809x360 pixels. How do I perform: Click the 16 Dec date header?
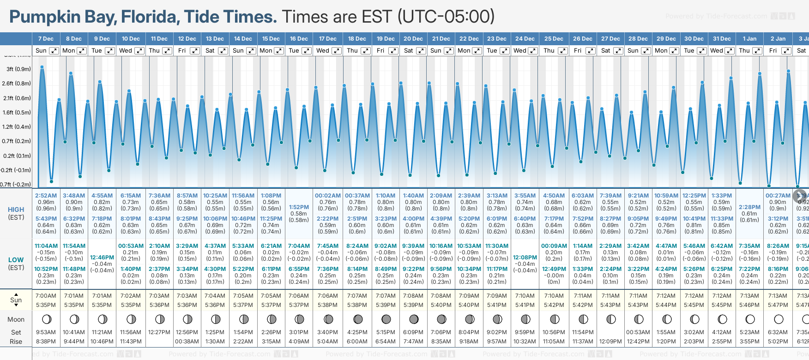click(299, 39)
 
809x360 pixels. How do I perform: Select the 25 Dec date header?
click(554, 39)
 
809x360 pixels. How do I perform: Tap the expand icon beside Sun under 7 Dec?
click(54, 51)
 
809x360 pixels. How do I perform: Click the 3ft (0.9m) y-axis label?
click(18, 69)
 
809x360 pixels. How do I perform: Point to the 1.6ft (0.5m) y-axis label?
click(17, 112)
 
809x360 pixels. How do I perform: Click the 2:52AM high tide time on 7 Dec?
click(46, 196)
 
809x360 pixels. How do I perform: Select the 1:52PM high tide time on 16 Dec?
click(299, 207)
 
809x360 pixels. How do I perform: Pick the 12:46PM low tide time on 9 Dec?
click(102, 258)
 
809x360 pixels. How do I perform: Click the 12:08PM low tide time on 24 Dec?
click(525, 258)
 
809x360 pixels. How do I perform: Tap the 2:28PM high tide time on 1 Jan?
click(749, 207)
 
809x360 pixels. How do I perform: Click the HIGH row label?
click(16, 210)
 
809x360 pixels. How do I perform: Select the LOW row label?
click(16, 260)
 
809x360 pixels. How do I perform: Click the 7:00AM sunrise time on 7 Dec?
click(46, 296)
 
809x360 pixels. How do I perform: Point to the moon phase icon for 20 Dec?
click(414, 319)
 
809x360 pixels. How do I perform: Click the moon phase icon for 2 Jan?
click(779, 319)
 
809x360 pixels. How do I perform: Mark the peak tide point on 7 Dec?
click(42, 67)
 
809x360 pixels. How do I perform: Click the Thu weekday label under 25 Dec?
click(549, 51)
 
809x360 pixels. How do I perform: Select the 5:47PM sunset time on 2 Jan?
click(778, 305)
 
